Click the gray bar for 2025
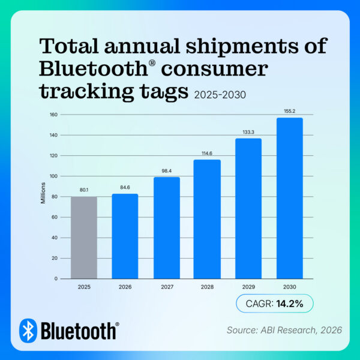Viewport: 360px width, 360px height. pyautogui.click(x=85, y=238)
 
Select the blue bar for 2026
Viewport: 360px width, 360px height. pyautogui.click(x=125, y=236)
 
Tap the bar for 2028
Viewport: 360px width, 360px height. pyautogui.click(x=207, y=219)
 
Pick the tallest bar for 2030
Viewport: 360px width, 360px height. pyautogui.click(x=289, y=198)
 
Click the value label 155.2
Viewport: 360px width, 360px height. pyautogui.click(x=289, y=111)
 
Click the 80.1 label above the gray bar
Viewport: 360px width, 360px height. pyautogui.click(x=85, y=190)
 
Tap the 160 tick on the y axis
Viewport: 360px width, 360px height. pyautogui.click(x=53, y=115)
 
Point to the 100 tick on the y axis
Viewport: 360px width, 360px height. pyautogui.click(x=53, y=176)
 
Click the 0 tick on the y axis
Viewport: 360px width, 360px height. pyautogui.click(x=56, y=279)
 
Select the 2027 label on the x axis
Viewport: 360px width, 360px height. pyautogui.click(x=166, y=287)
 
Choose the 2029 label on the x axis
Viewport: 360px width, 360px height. pyautogui.click(x=248, y=287)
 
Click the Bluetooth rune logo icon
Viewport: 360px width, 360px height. pyautogui.click(x=28, y=330)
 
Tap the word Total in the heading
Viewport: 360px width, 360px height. pyautogui.click(x=70, y=46)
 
